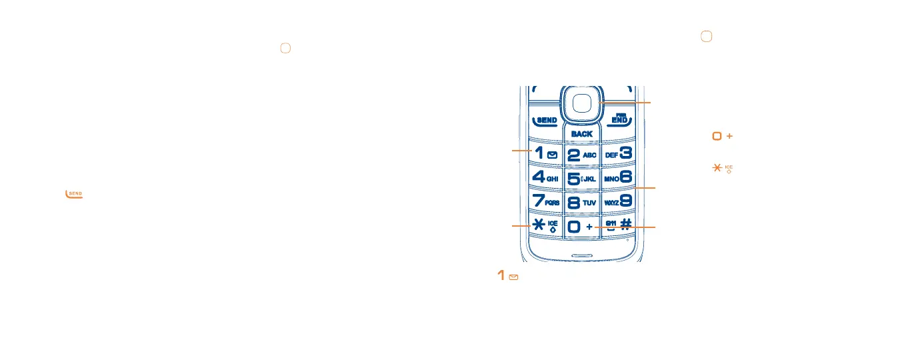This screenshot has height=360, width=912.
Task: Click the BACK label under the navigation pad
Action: [x=581, y=134]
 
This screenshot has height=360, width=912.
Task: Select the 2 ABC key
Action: [x=581, y=155]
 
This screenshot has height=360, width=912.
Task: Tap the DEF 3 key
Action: [x=618, y=154]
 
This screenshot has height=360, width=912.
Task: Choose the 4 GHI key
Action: [x=545, y=178]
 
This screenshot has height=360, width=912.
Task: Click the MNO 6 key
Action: [x=618, y=178]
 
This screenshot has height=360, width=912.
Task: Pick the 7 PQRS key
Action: [x=545, y=201]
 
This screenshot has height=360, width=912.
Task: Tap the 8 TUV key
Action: [x=581, y=201]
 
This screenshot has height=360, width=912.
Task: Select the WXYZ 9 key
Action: [x=618, y=201]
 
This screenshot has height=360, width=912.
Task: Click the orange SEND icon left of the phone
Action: [x=74, y=194]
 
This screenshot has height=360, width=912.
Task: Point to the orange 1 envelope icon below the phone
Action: [x=508, y=276]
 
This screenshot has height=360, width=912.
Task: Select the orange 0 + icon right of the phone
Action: [x=722, y=136]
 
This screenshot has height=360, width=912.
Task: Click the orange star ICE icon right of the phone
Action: [x=722, y=168]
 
